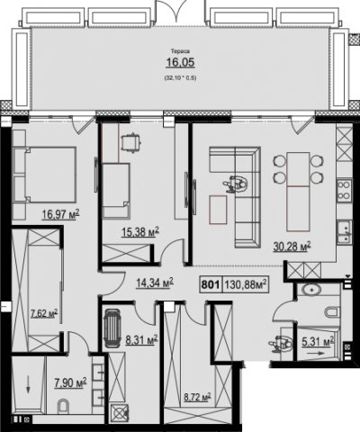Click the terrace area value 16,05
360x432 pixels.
coord(181,62)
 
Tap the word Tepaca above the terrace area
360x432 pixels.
coord(181,51)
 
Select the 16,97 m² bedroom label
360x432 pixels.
coord(60,214)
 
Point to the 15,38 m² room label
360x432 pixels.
coord(140,232)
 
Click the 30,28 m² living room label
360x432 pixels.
coord(292,247)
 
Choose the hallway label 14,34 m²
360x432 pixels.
coord(155,283)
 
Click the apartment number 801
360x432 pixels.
coord(211,284)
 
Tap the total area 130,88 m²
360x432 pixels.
coord(246,284)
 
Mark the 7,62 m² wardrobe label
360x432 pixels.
coord(44,314)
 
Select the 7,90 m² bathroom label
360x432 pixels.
coord(70,382)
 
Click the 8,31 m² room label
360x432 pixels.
coord(141,340)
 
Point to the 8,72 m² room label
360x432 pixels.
coord(197,397)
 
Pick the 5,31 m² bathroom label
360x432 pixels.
coord(318,341)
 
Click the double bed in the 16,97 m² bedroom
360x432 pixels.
coord(44,175)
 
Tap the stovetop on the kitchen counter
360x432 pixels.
coord(344,191)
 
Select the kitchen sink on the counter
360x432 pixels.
coord(345,231)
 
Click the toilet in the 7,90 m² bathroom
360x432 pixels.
coord(63,406)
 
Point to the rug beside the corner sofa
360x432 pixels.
coord(218,210)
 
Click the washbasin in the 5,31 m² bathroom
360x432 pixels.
coord(311,290)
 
